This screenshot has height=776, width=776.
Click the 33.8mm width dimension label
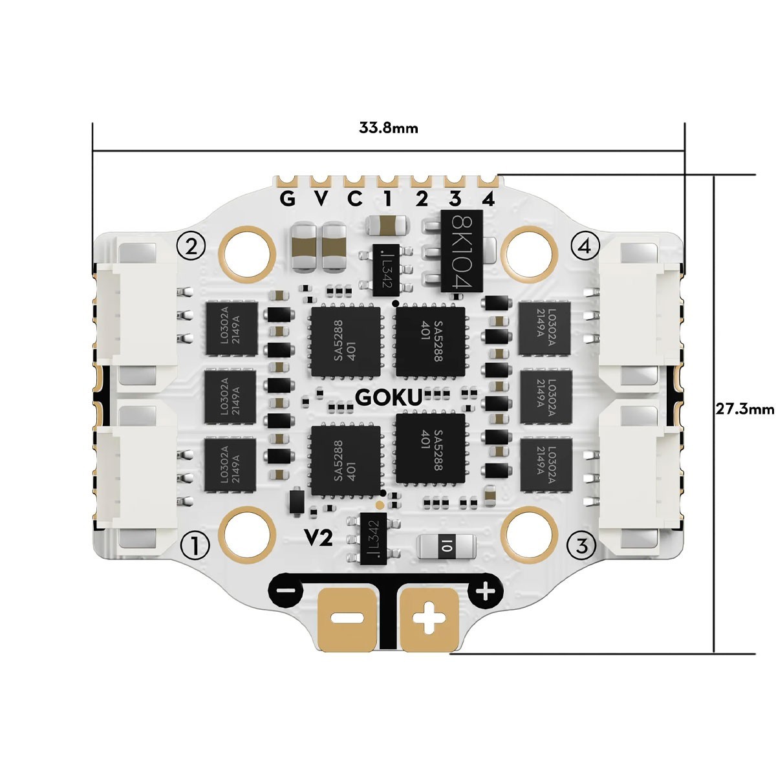click(388, 127)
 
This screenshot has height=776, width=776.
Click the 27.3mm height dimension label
click(744, 409)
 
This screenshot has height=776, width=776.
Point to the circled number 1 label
click(196, 546)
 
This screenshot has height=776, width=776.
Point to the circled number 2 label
click(191, 246)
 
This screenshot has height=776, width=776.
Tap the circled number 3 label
click(581, 546)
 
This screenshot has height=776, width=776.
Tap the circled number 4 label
click(585, 246)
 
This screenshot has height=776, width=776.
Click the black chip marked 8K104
click(463, 251)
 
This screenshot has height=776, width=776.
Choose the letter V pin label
click(321, 199)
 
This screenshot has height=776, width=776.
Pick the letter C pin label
click(355, 199)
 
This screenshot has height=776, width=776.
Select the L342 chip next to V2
click(371, 539)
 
